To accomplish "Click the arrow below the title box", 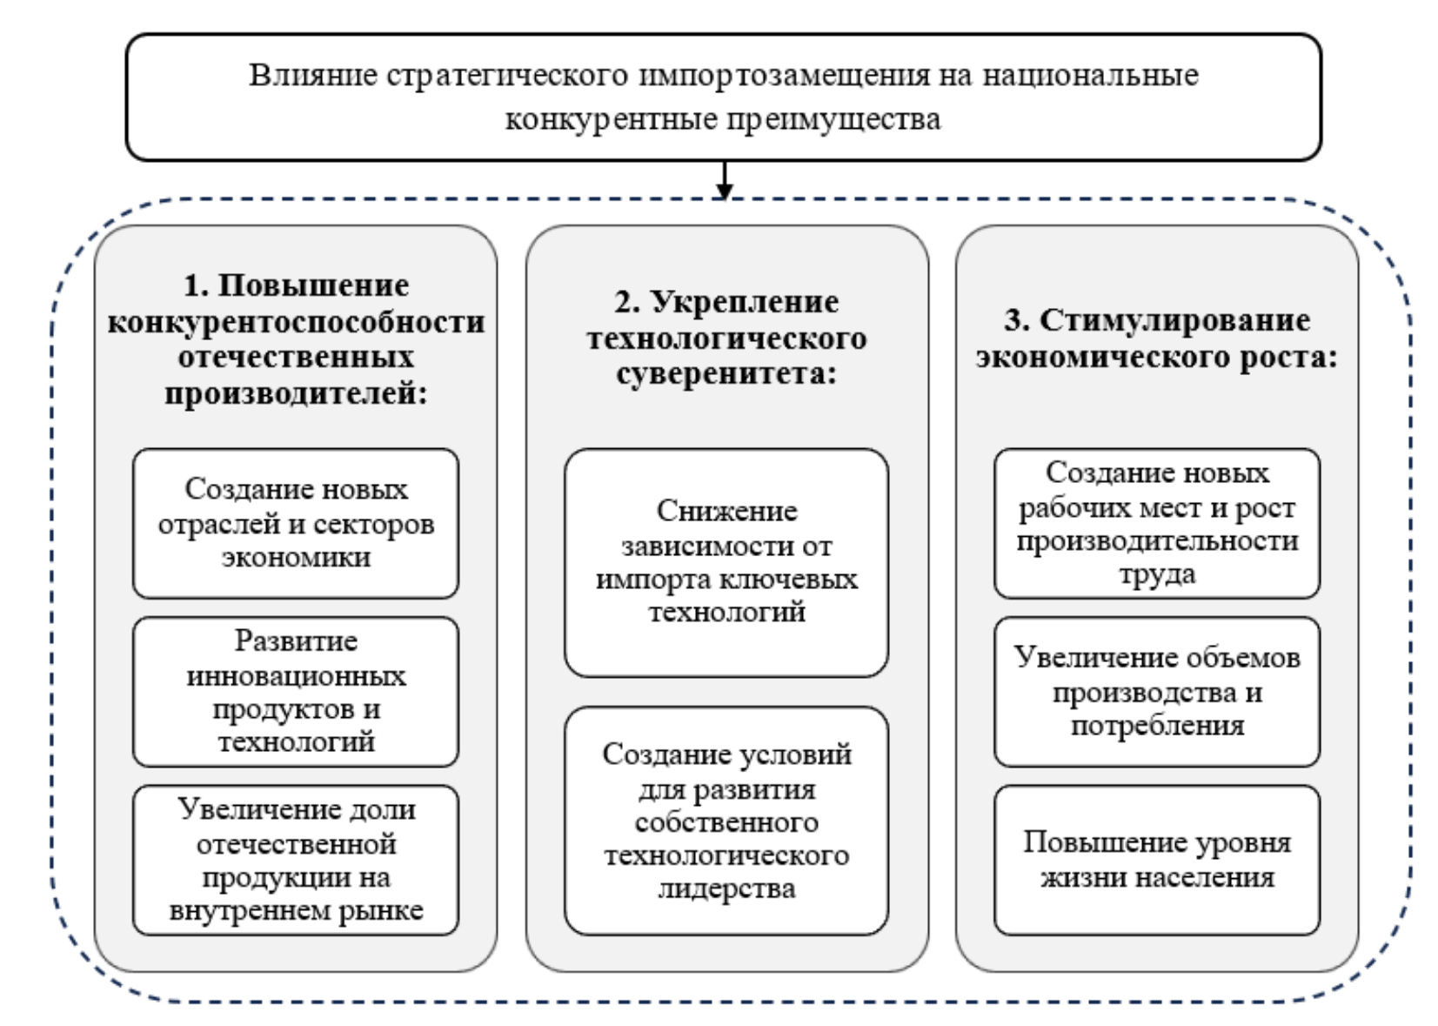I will tap(723, 179).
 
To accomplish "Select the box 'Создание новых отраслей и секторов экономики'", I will tap(295, 523).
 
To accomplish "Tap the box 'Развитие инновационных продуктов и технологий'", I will tap(295, 691).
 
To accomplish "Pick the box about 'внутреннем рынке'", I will tap(295, 860).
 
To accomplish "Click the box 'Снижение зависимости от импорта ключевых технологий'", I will tap(726, 562).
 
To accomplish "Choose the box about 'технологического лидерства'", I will tap(726, 821).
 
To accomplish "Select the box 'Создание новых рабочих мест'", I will tap(1156, 523).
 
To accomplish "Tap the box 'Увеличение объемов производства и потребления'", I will tap(1156, 691).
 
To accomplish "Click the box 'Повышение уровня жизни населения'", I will tap(1156, 860).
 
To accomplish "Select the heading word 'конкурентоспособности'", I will tap(295, 322).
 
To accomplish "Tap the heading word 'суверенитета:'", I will tap(726, 374).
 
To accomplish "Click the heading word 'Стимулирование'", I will tap(1174, 320).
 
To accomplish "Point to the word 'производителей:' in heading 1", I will tap(295, 394).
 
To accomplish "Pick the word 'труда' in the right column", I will tap(1156, 574).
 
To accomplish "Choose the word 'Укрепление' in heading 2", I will tap(745, 302).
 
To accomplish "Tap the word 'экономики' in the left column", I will tap(295, 558).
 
